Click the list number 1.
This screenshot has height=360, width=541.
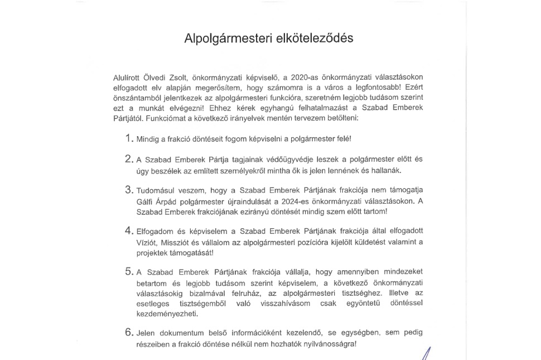tap(129, 138)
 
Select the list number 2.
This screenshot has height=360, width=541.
tap(129, 159)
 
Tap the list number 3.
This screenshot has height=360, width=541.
tap(129, 190)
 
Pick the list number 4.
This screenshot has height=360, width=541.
tap(129, 231)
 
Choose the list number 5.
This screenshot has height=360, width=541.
tap(129, 272)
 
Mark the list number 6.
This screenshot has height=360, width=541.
tap(129, 333)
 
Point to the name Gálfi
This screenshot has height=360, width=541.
tap(146, 201)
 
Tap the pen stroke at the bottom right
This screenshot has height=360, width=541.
tap(428, 353)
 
